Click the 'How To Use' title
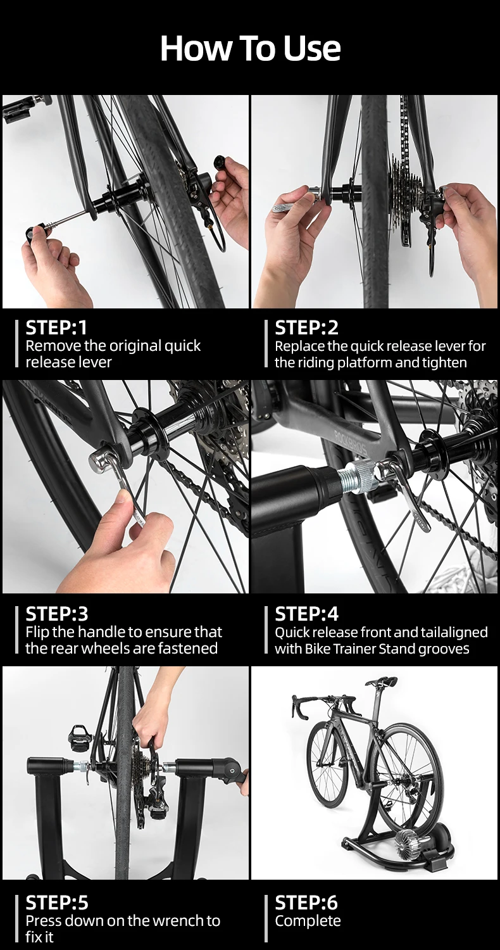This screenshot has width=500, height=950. coord(250,48)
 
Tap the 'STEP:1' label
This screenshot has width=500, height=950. coord(56,328)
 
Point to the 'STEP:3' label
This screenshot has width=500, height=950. coord(57,614)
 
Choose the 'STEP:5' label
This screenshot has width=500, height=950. coord(57,902)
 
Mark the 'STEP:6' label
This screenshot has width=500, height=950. coord(306,902)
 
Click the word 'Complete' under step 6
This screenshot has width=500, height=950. coord(308,921)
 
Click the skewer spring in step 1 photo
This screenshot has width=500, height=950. coord(48,225)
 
